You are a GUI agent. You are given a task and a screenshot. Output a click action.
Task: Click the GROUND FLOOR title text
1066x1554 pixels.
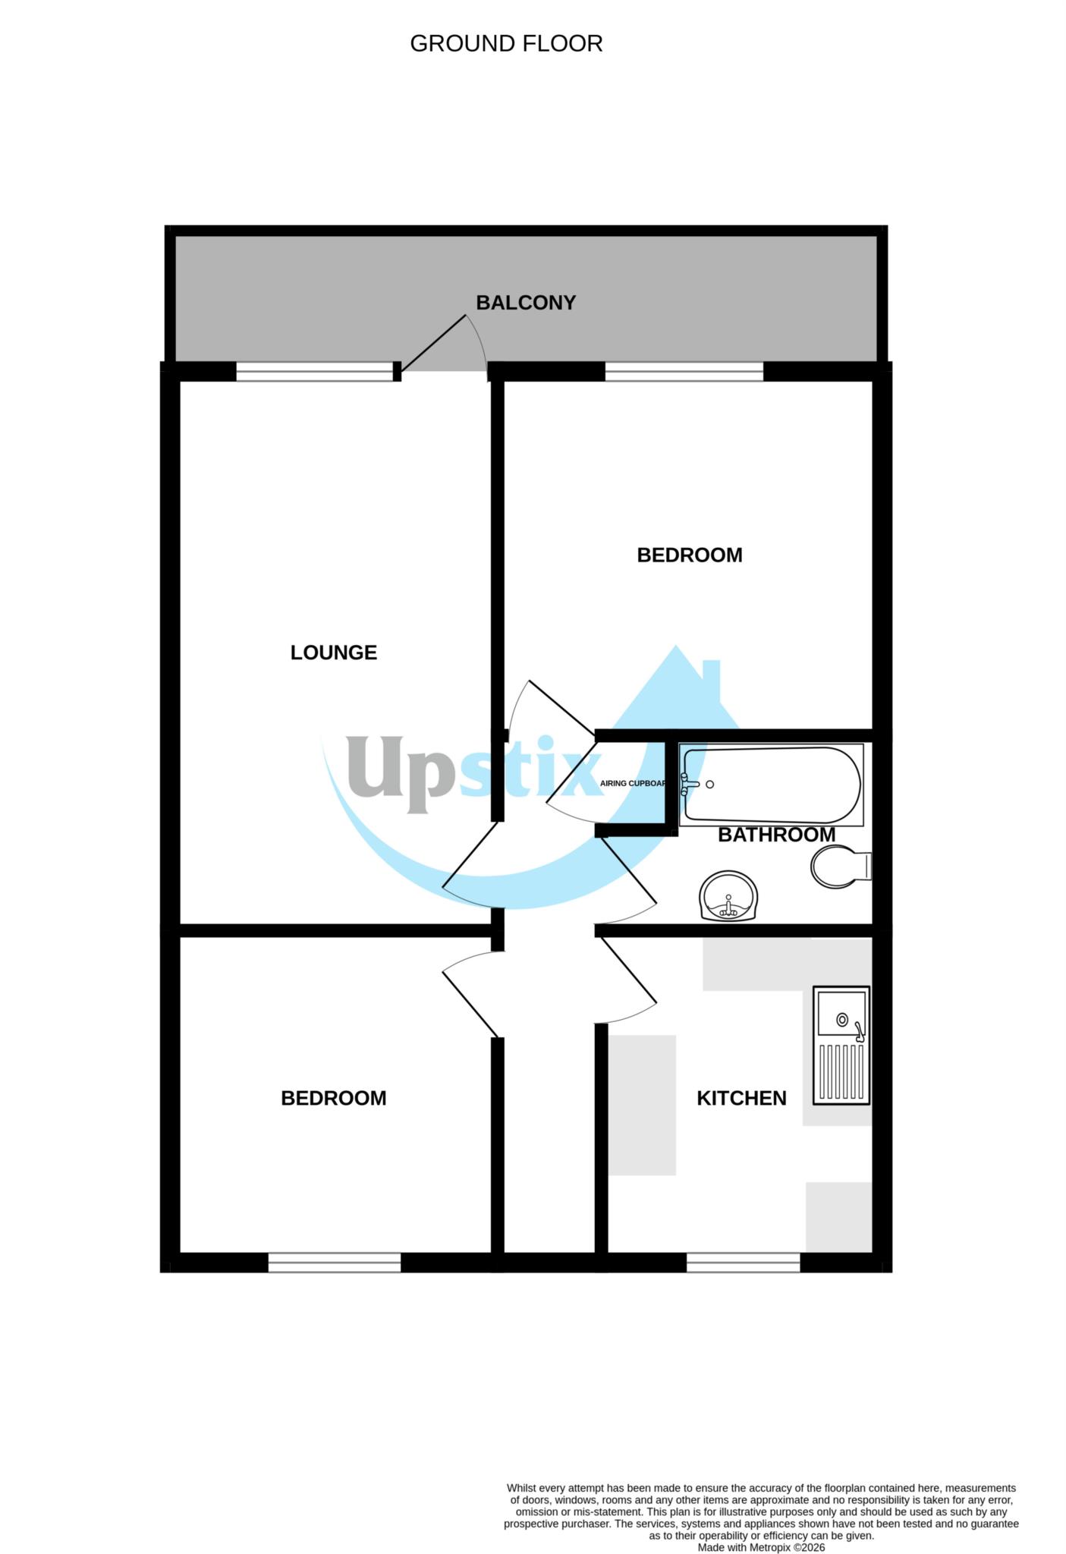[x=506, y=44]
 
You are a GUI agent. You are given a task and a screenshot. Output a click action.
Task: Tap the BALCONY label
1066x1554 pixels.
[x=526, y=303]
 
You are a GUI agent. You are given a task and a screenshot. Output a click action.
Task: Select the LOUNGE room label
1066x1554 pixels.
[x=333, y=653]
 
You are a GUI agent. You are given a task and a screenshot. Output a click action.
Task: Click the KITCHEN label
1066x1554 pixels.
[x=741, y=1098]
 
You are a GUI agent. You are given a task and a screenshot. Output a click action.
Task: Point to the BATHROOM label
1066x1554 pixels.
[x=776, y=835]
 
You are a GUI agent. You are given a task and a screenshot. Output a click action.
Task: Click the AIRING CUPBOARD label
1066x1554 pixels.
[x=633, y=783]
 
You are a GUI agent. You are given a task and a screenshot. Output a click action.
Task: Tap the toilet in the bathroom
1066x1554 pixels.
[x=840, y=867]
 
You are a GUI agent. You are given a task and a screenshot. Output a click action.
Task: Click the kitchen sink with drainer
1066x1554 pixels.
[x=841, y=1045]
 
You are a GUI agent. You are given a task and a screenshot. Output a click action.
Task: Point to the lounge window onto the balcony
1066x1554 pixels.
[x=315, y=371]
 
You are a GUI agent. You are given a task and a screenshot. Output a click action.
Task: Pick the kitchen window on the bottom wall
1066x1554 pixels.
[x=743, y=1262]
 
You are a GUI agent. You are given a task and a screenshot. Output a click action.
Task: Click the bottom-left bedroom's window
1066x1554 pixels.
[x=334, y=1262]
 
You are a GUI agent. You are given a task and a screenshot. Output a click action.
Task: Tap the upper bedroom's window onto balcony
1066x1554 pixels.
[x=684, y=371]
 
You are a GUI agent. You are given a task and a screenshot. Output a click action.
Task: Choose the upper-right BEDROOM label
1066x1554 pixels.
[x=689, y=555]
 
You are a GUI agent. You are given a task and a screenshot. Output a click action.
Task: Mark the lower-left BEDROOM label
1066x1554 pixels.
[x=333, y=1098]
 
